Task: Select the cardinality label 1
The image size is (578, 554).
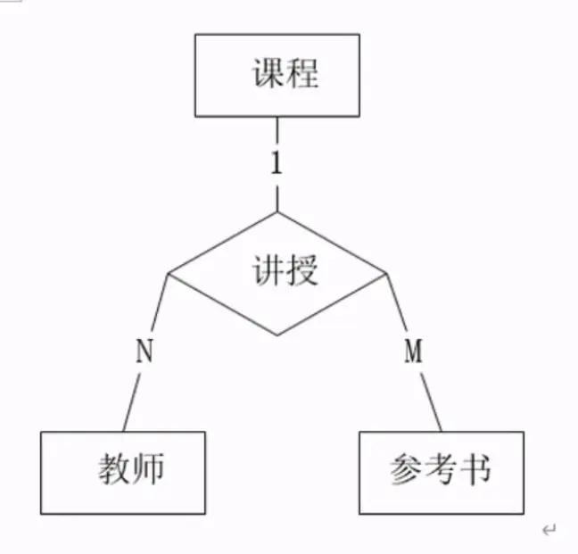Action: point(277,162)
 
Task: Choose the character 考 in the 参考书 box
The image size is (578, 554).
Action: point(440,468)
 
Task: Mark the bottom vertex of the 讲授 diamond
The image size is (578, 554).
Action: point(277,335)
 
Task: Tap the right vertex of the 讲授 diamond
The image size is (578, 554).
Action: point(386,273)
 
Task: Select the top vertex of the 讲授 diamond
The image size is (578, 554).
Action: point(277,212)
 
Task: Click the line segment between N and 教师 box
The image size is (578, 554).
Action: point(131,401)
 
